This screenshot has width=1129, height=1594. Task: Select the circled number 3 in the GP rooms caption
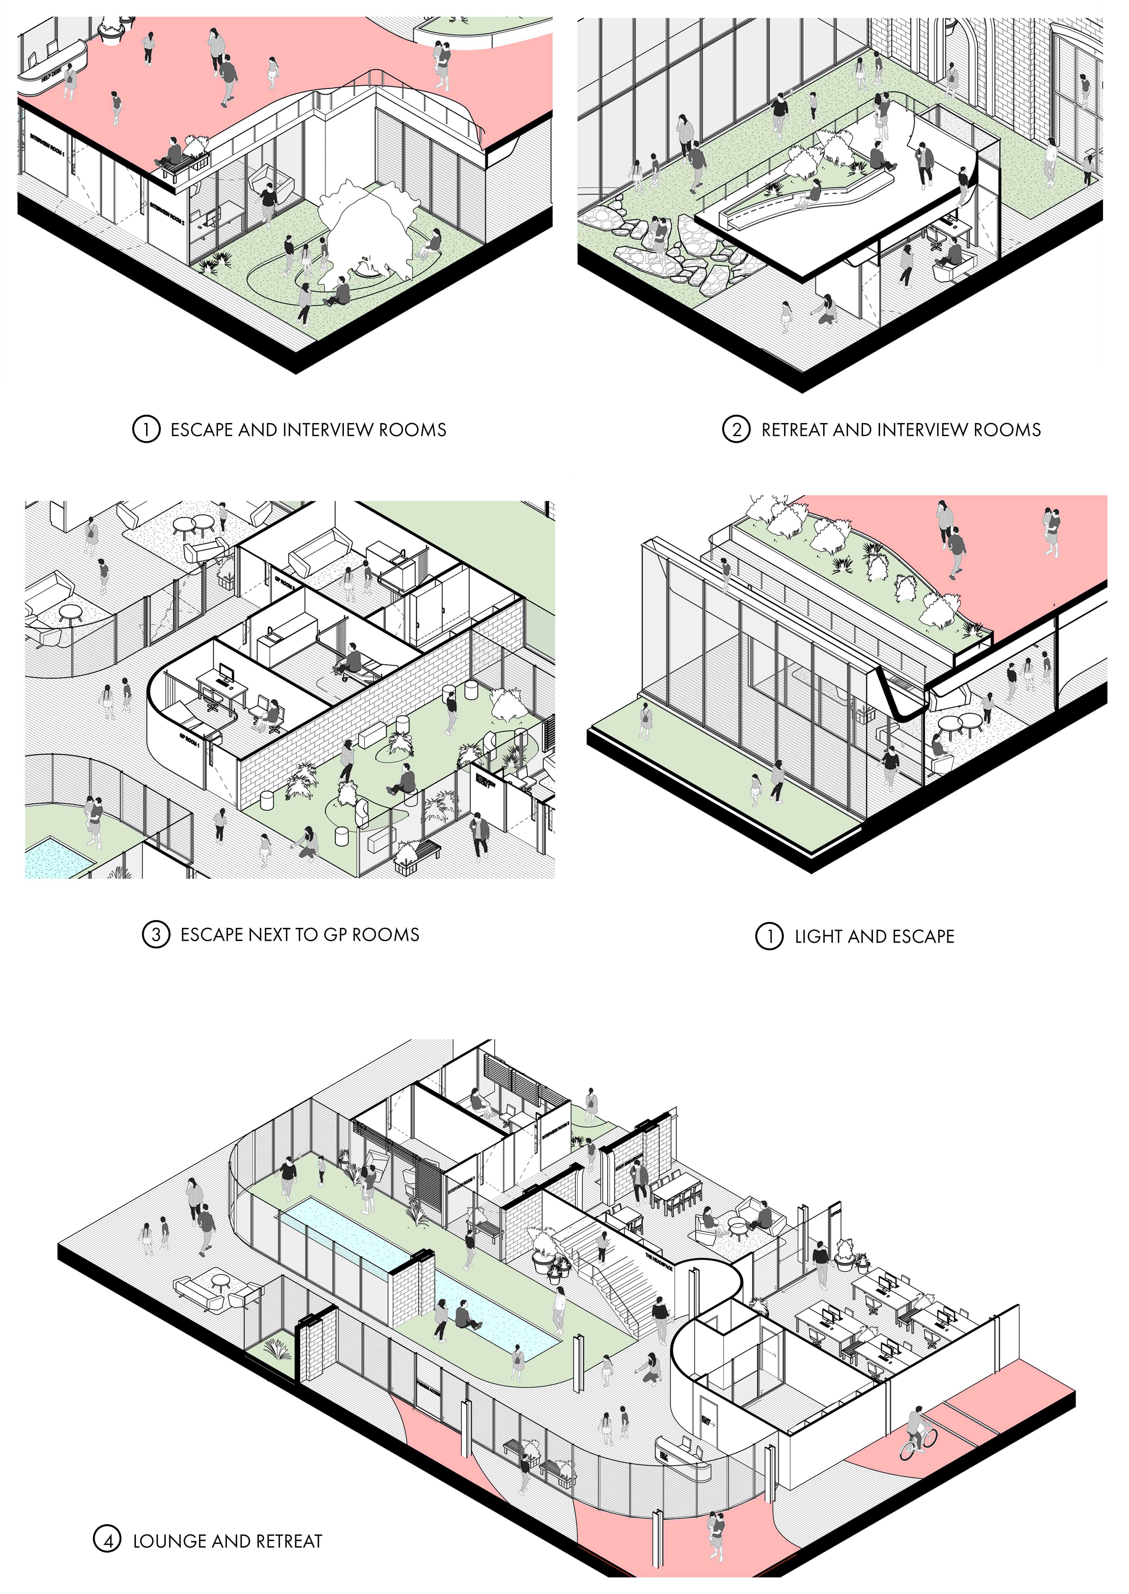[x=156, y=935]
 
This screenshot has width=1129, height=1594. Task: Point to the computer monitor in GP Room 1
[x=227, y=671]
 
